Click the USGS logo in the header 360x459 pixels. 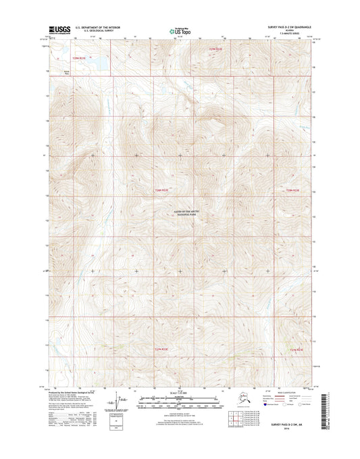[59, 30]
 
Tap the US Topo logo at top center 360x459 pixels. [180, 30]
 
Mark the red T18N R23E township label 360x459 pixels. [292, 191]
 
